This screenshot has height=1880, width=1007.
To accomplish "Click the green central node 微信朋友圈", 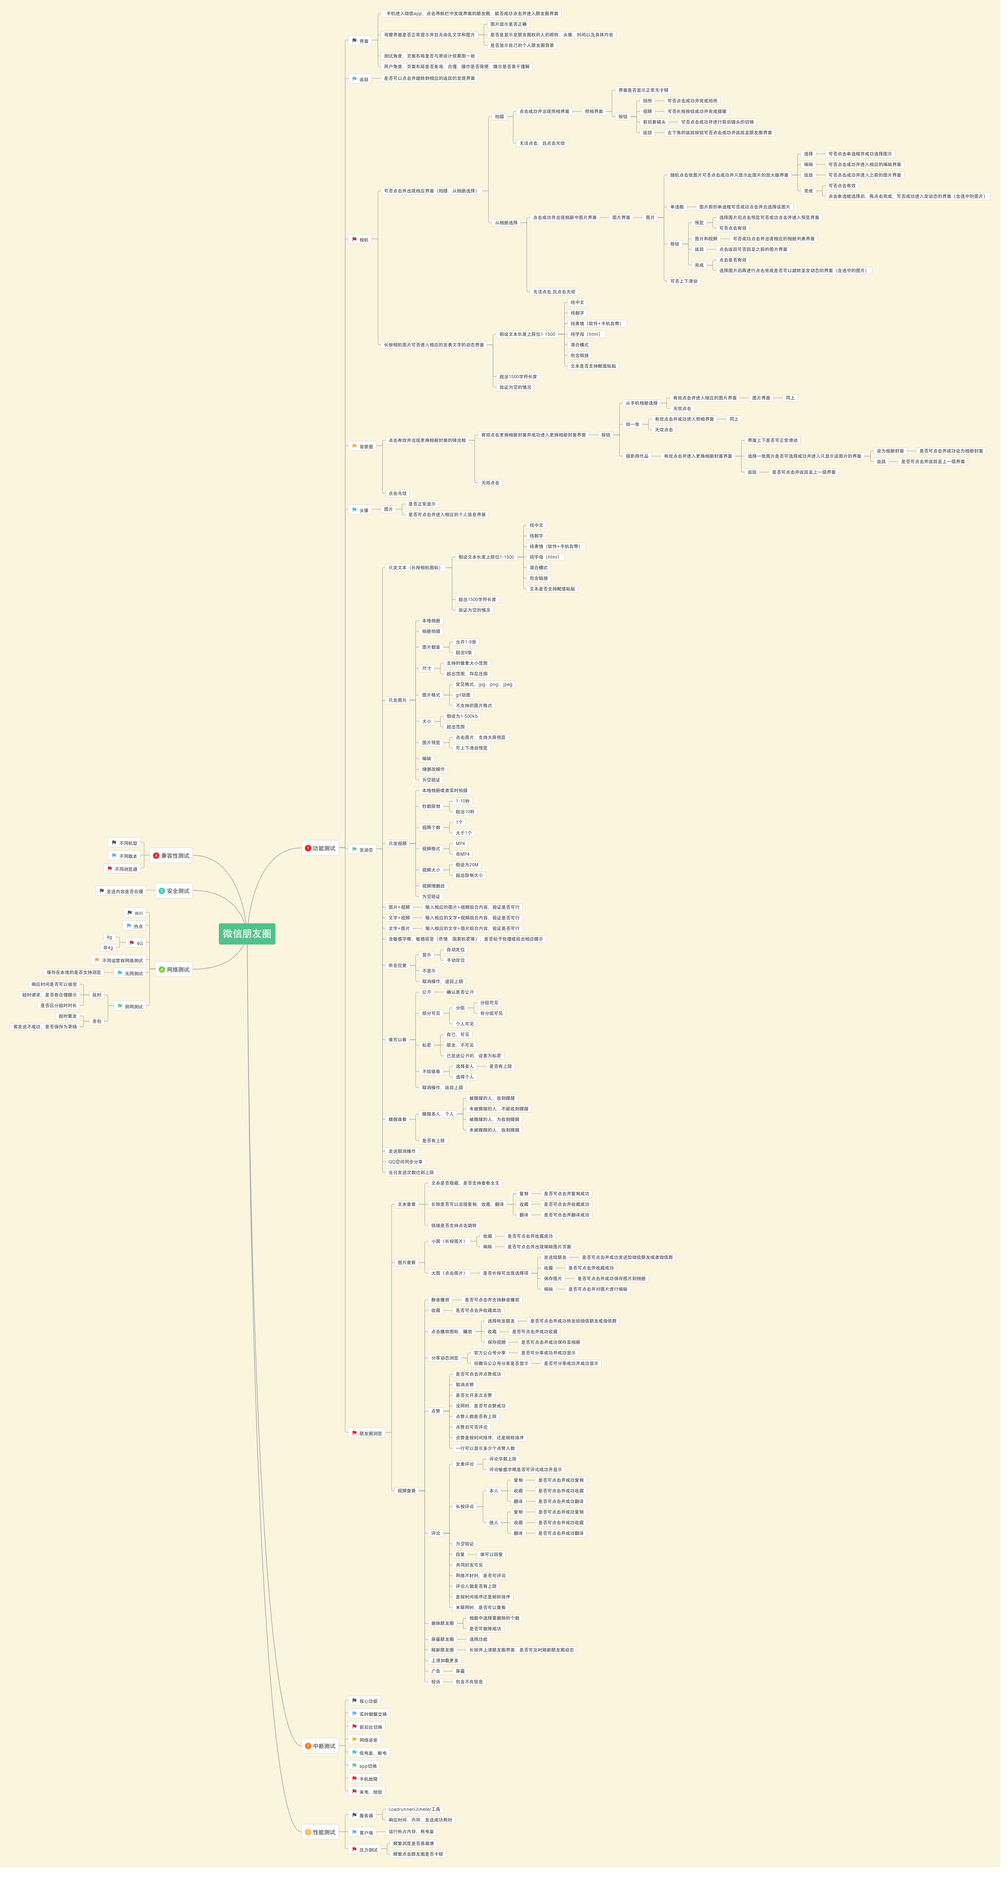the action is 247,934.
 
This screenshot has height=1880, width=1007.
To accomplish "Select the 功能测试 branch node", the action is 320,848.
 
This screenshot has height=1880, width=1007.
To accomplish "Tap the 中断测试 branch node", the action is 320,1746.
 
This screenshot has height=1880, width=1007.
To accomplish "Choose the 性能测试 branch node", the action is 320,1832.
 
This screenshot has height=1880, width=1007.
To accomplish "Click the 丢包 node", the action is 96,1021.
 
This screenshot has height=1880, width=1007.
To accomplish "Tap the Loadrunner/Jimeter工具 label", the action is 414,1809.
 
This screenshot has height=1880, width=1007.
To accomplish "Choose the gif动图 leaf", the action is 463,695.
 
